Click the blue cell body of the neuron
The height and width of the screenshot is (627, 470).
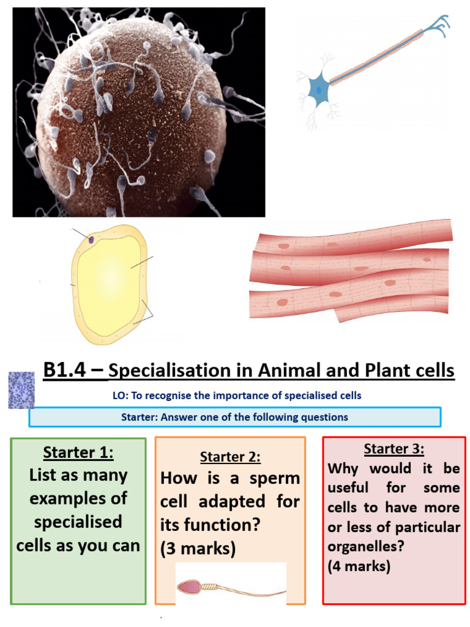coord(320,91)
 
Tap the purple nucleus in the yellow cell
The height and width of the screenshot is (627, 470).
coord(91,240)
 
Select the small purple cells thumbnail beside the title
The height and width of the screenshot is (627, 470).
coord(21,390)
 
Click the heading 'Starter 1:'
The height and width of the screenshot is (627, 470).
coord(78,453)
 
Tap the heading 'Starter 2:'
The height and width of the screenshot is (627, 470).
coord(229,457)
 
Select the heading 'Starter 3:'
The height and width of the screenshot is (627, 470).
coord(394,449)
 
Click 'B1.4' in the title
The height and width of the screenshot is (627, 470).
coord(68,370)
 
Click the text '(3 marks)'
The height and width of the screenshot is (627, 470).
coord(198,549)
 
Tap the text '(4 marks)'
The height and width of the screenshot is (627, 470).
coord(359,566)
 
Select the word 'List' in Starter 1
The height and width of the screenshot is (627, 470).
coord(45,475)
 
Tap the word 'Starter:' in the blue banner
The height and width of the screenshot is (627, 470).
coord(140,417)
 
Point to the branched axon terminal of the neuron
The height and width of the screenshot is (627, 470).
coord(438,25)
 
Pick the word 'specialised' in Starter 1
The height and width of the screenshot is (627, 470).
coord(78,522)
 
